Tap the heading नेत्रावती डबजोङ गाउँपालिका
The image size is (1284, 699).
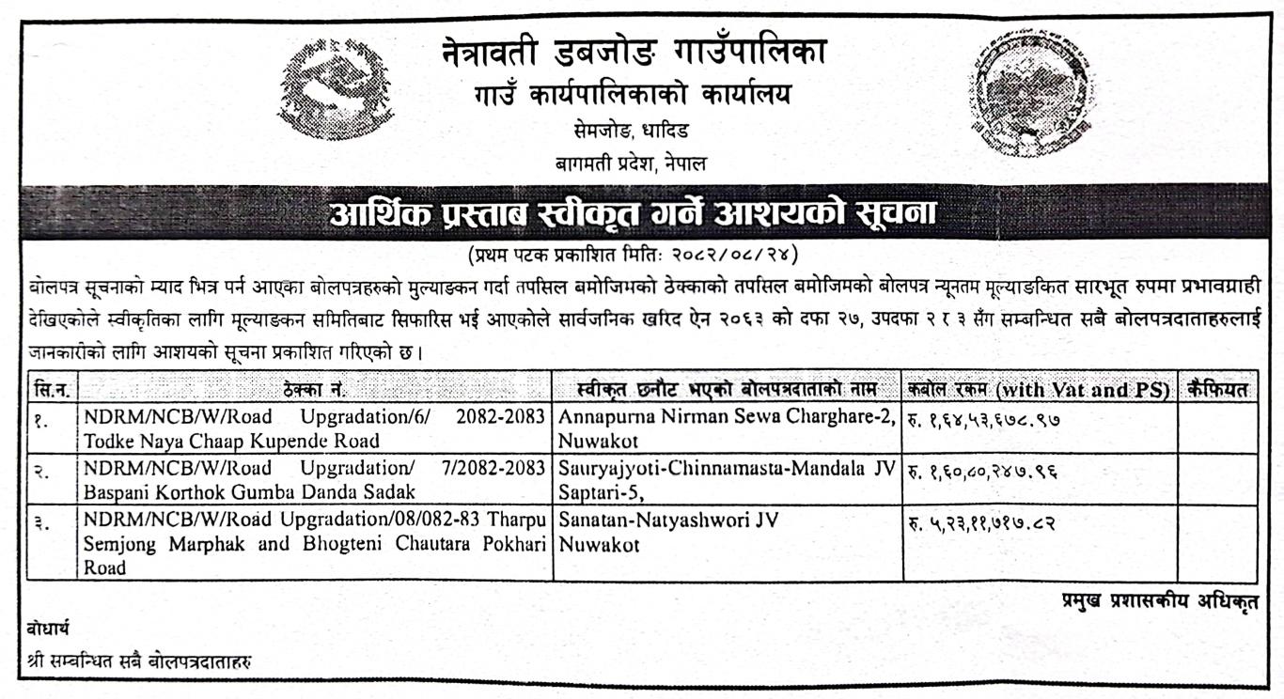pyautogui.click(x=635, y=54)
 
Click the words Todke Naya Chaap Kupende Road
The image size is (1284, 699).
pyautogui.click(x=231, y=441)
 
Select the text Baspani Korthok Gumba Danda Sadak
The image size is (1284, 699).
pyautogui.click(x=249, y=491)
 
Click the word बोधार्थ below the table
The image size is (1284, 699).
pyautogui.click(x=48, y=628)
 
